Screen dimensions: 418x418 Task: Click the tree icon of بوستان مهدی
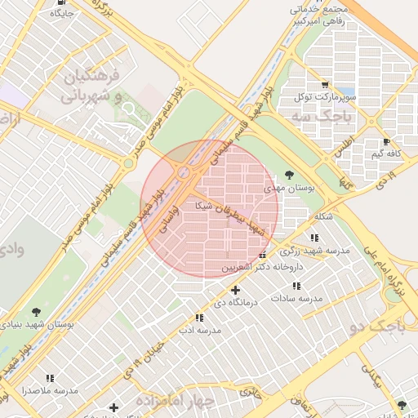(x=290, y=175)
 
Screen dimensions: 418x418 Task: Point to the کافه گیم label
(x=388, y=153)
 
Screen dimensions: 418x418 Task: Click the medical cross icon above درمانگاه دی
(x=236, y=290)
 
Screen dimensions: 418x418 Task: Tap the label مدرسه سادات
(x=300, y=299)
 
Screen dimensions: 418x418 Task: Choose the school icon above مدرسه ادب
(x=199, y=318)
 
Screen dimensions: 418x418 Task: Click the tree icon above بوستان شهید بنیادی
(x=36, y=311)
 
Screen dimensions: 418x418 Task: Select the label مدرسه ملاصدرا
(x=51, y=390)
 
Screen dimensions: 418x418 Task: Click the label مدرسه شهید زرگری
(x=322, y=251)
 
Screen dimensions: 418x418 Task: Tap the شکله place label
(x=322, y=216)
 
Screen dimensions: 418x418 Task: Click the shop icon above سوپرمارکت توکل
(x=325, y=85)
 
